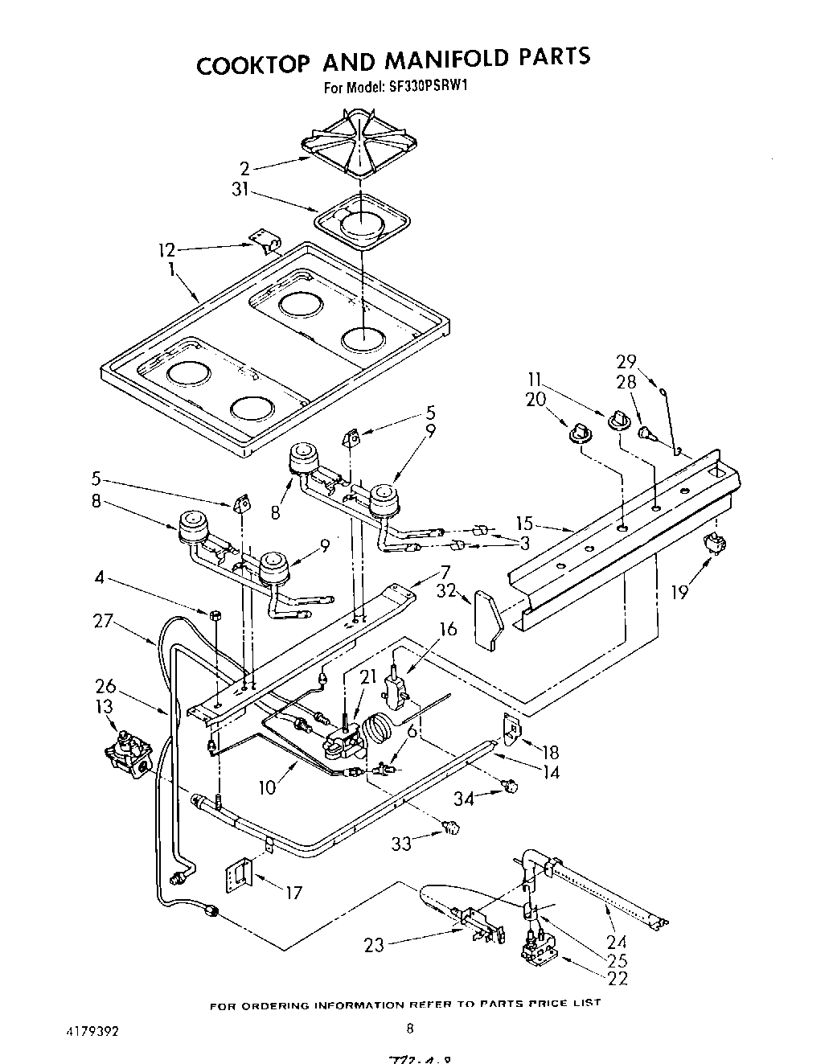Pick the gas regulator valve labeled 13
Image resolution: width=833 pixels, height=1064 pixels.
coord(126,754)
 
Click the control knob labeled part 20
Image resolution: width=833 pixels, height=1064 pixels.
coord(577,434)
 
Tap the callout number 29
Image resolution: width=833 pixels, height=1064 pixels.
coord(626,361)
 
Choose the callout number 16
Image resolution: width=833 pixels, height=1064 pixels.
coord(448,629)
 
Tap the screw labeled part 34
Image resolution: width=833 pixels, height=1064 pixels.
coord(509,786)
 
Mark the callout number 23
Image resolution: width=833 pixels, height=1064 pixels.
coord(374,947)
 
